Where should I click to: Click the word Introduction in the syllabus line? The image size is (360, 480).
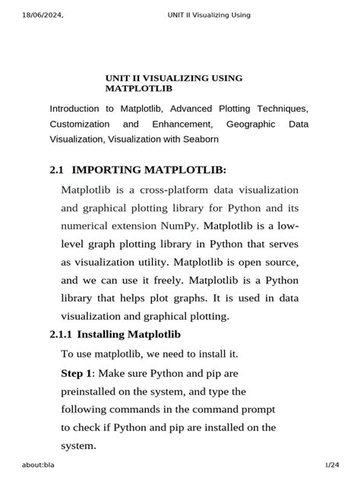(74, 109)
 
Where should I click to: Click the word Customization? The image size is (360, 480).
(80, 124)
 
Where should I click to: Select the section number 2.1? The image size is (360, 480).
(56, 169)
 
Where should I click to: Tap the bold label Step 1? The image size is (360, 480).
(77, 374)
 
